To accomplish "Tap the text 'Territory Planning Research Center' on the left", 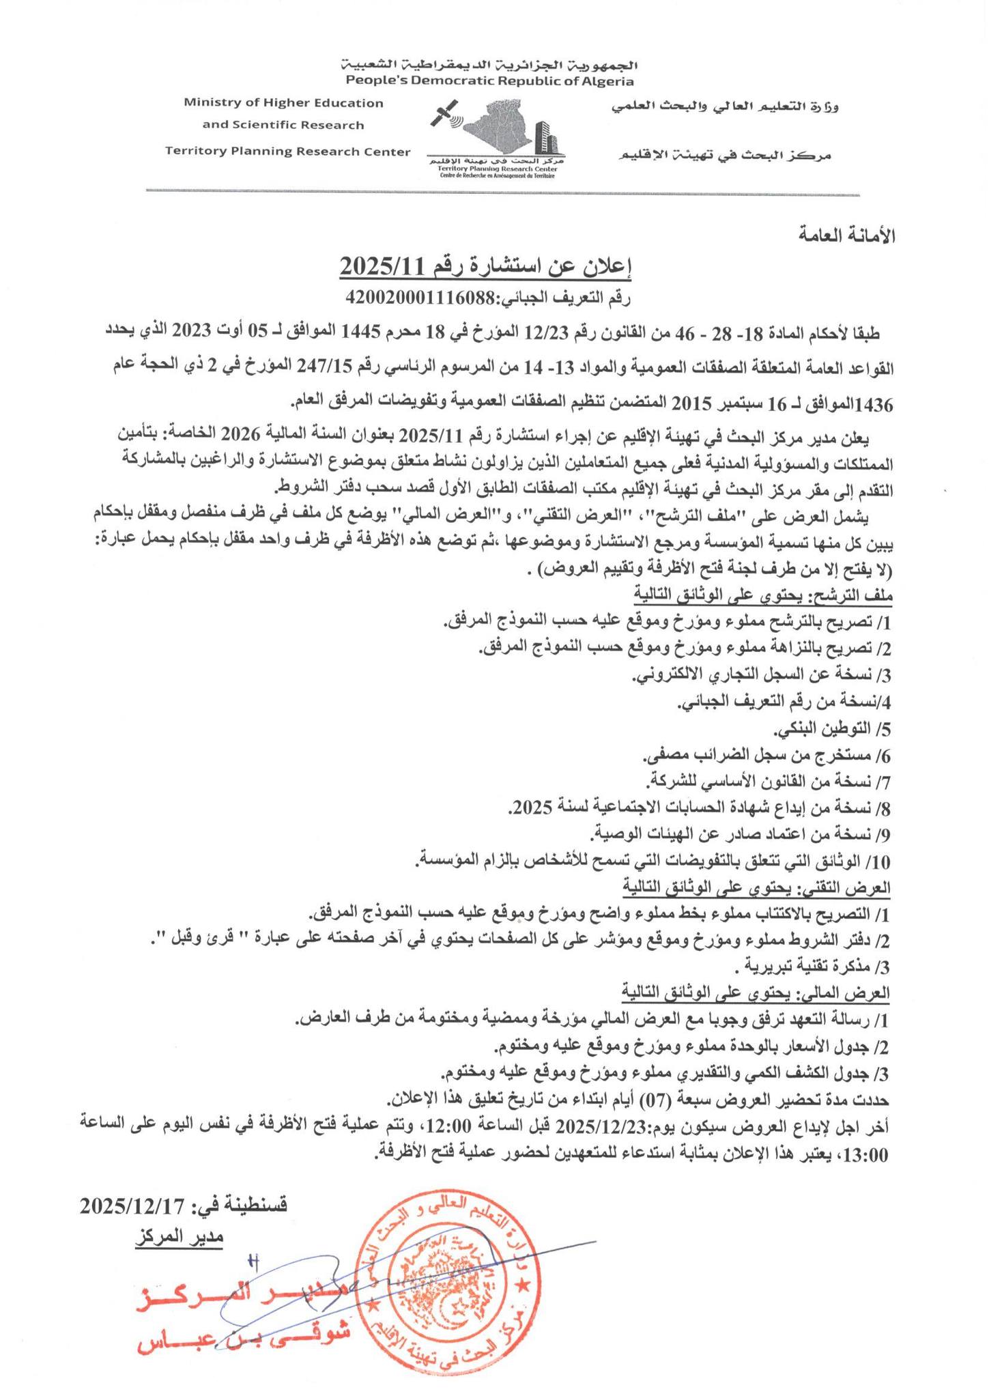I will coord(287,152).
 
